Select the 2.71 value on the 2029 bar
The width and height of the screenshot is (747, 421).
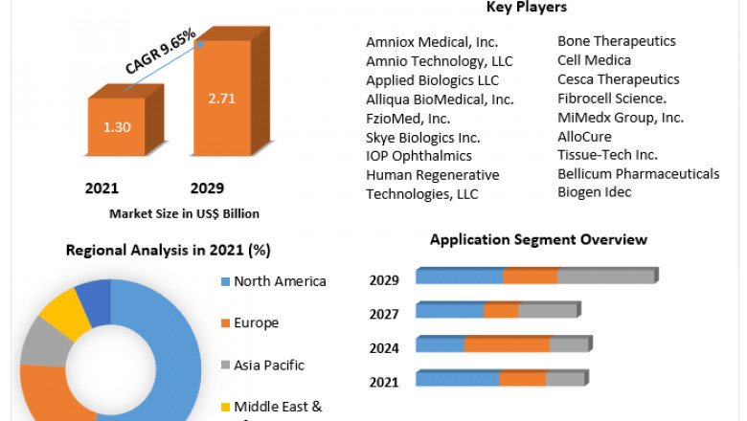tap(220, 98)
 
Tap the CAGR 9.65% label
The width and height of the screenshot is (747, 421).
tap(160, 52)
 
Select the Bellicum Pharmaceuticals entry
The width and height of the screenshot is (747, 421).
tap(638, 173)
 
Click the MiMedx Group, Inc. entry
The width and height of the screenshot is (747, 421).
tap(620, 117)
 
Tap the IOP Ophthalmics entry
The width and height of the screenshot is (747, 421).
tap(419, 155)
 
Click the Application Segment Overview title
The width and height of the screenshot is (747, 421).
tap(538, 239)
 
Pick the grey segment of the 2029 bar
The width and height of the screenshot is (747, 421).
tap(605, 277)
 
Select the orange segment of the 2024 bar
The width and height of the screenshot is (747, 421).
tap(507, 344)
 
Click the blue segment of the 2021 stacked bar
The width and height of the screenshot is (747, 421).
tap(457, 379)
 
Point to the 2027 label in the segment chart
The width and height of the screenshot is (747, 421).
tap(384, 314)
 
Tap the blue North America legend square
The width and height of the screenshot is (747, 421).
tap(225, 281)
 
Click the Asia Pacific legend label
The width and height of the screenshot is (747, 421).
tap(269, 365)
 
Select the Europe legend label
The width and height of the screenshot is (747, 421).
tap(256, 322)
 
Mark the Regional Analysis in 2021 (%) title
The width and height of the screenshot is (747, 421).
tap(168, 251)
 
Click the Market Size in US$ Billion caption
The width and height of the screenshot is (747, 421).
tap(184, 213)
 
